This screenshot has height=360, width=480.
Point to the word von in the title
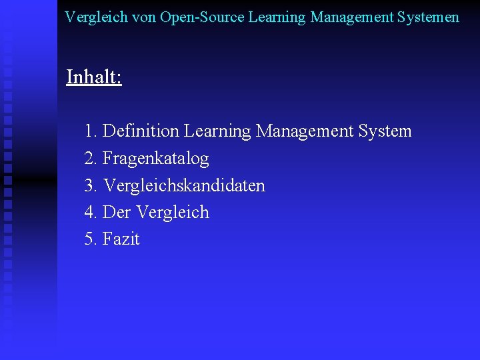click(144, 17)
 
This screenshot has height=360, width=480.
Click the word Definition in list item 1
click(141, 131)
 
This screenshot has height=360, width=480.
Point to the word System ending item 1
click(385, 131)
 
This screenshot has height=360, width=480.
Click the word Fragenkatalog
click(156, 159)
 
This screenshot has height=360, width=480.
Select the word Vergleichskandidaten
click(184, 185)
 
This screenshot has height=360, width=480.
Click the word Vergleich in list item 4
click(172, 213)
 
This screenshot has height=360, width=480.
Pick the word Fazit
click(121, 239)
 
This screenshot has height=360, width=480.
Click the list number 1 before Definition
click(90, 131)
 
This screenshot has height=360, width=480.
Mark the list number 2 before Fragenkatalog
click(90, 159)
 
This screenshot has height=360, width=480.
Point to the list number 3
click(90, 185)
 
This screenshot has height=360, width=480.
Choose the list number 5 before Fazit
click(90, 239)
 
